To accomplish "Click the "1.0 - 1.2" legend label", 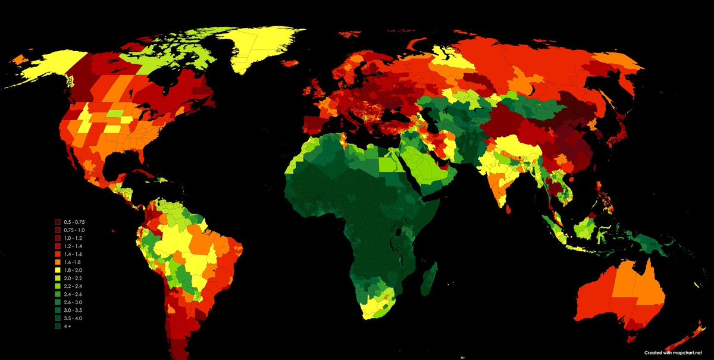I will (74, 237).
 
